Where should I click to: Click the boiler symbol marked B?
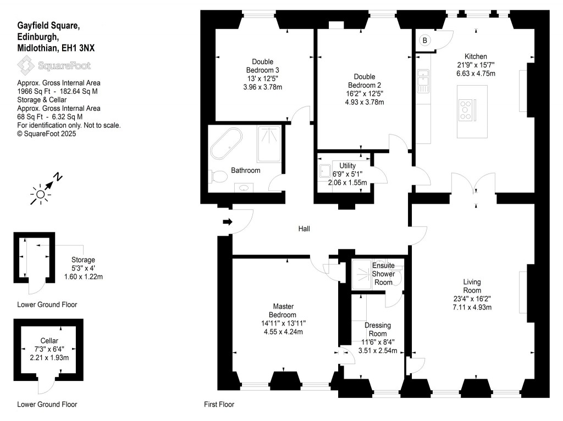click(425, 40)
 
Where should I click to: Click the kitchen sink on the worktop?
click(423, 81)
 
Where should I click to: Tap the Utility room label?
click(347, 166)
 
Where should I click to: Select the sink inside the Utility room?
click(324, 171)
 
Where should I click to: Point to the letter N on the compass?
click(58, 177)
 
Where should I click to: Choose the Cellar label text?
click(49, 341)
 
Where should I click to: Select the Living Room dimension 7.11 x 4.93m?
click(472, 307)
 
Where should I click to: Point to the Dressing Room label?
click(378, 329)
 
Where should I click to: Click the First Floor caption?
click(219, 405)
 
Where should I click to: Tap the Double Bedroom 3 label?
click(262, 66)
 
